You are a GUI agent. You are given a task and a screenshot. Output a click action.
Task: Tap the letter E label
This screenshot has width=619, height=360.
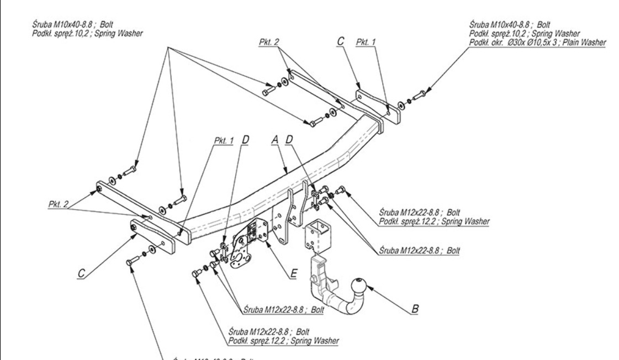click(x=293, y=272)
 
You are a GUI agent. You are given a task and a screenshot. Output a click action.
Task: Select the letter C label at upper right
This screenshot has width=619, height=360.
click(x=340, y=41)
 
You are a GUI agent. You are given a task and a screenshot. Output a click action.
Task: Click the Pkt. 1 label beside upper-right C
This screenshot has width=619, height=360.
click(x=365, y=42)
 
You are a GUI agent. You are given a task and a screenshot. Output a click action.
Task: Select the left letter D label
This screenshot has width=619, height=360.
click(x=244, y=141)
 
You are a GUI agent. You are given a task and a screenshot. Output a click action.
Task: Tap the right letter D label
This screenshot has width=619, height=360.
click(x=289, y=141)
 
